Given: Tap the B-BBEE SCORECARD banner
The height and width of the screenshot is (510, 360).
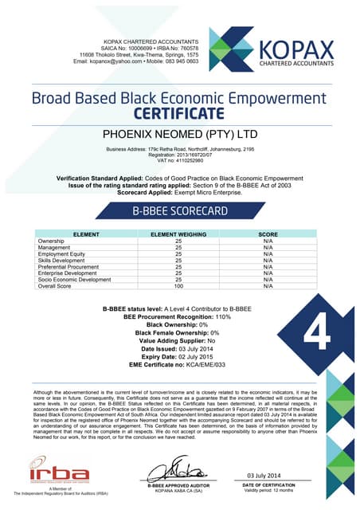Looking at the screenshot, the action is tap(180, 212).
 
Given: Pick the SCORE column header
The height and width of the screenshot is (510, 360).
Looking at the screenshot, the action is tap(268, 233).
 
